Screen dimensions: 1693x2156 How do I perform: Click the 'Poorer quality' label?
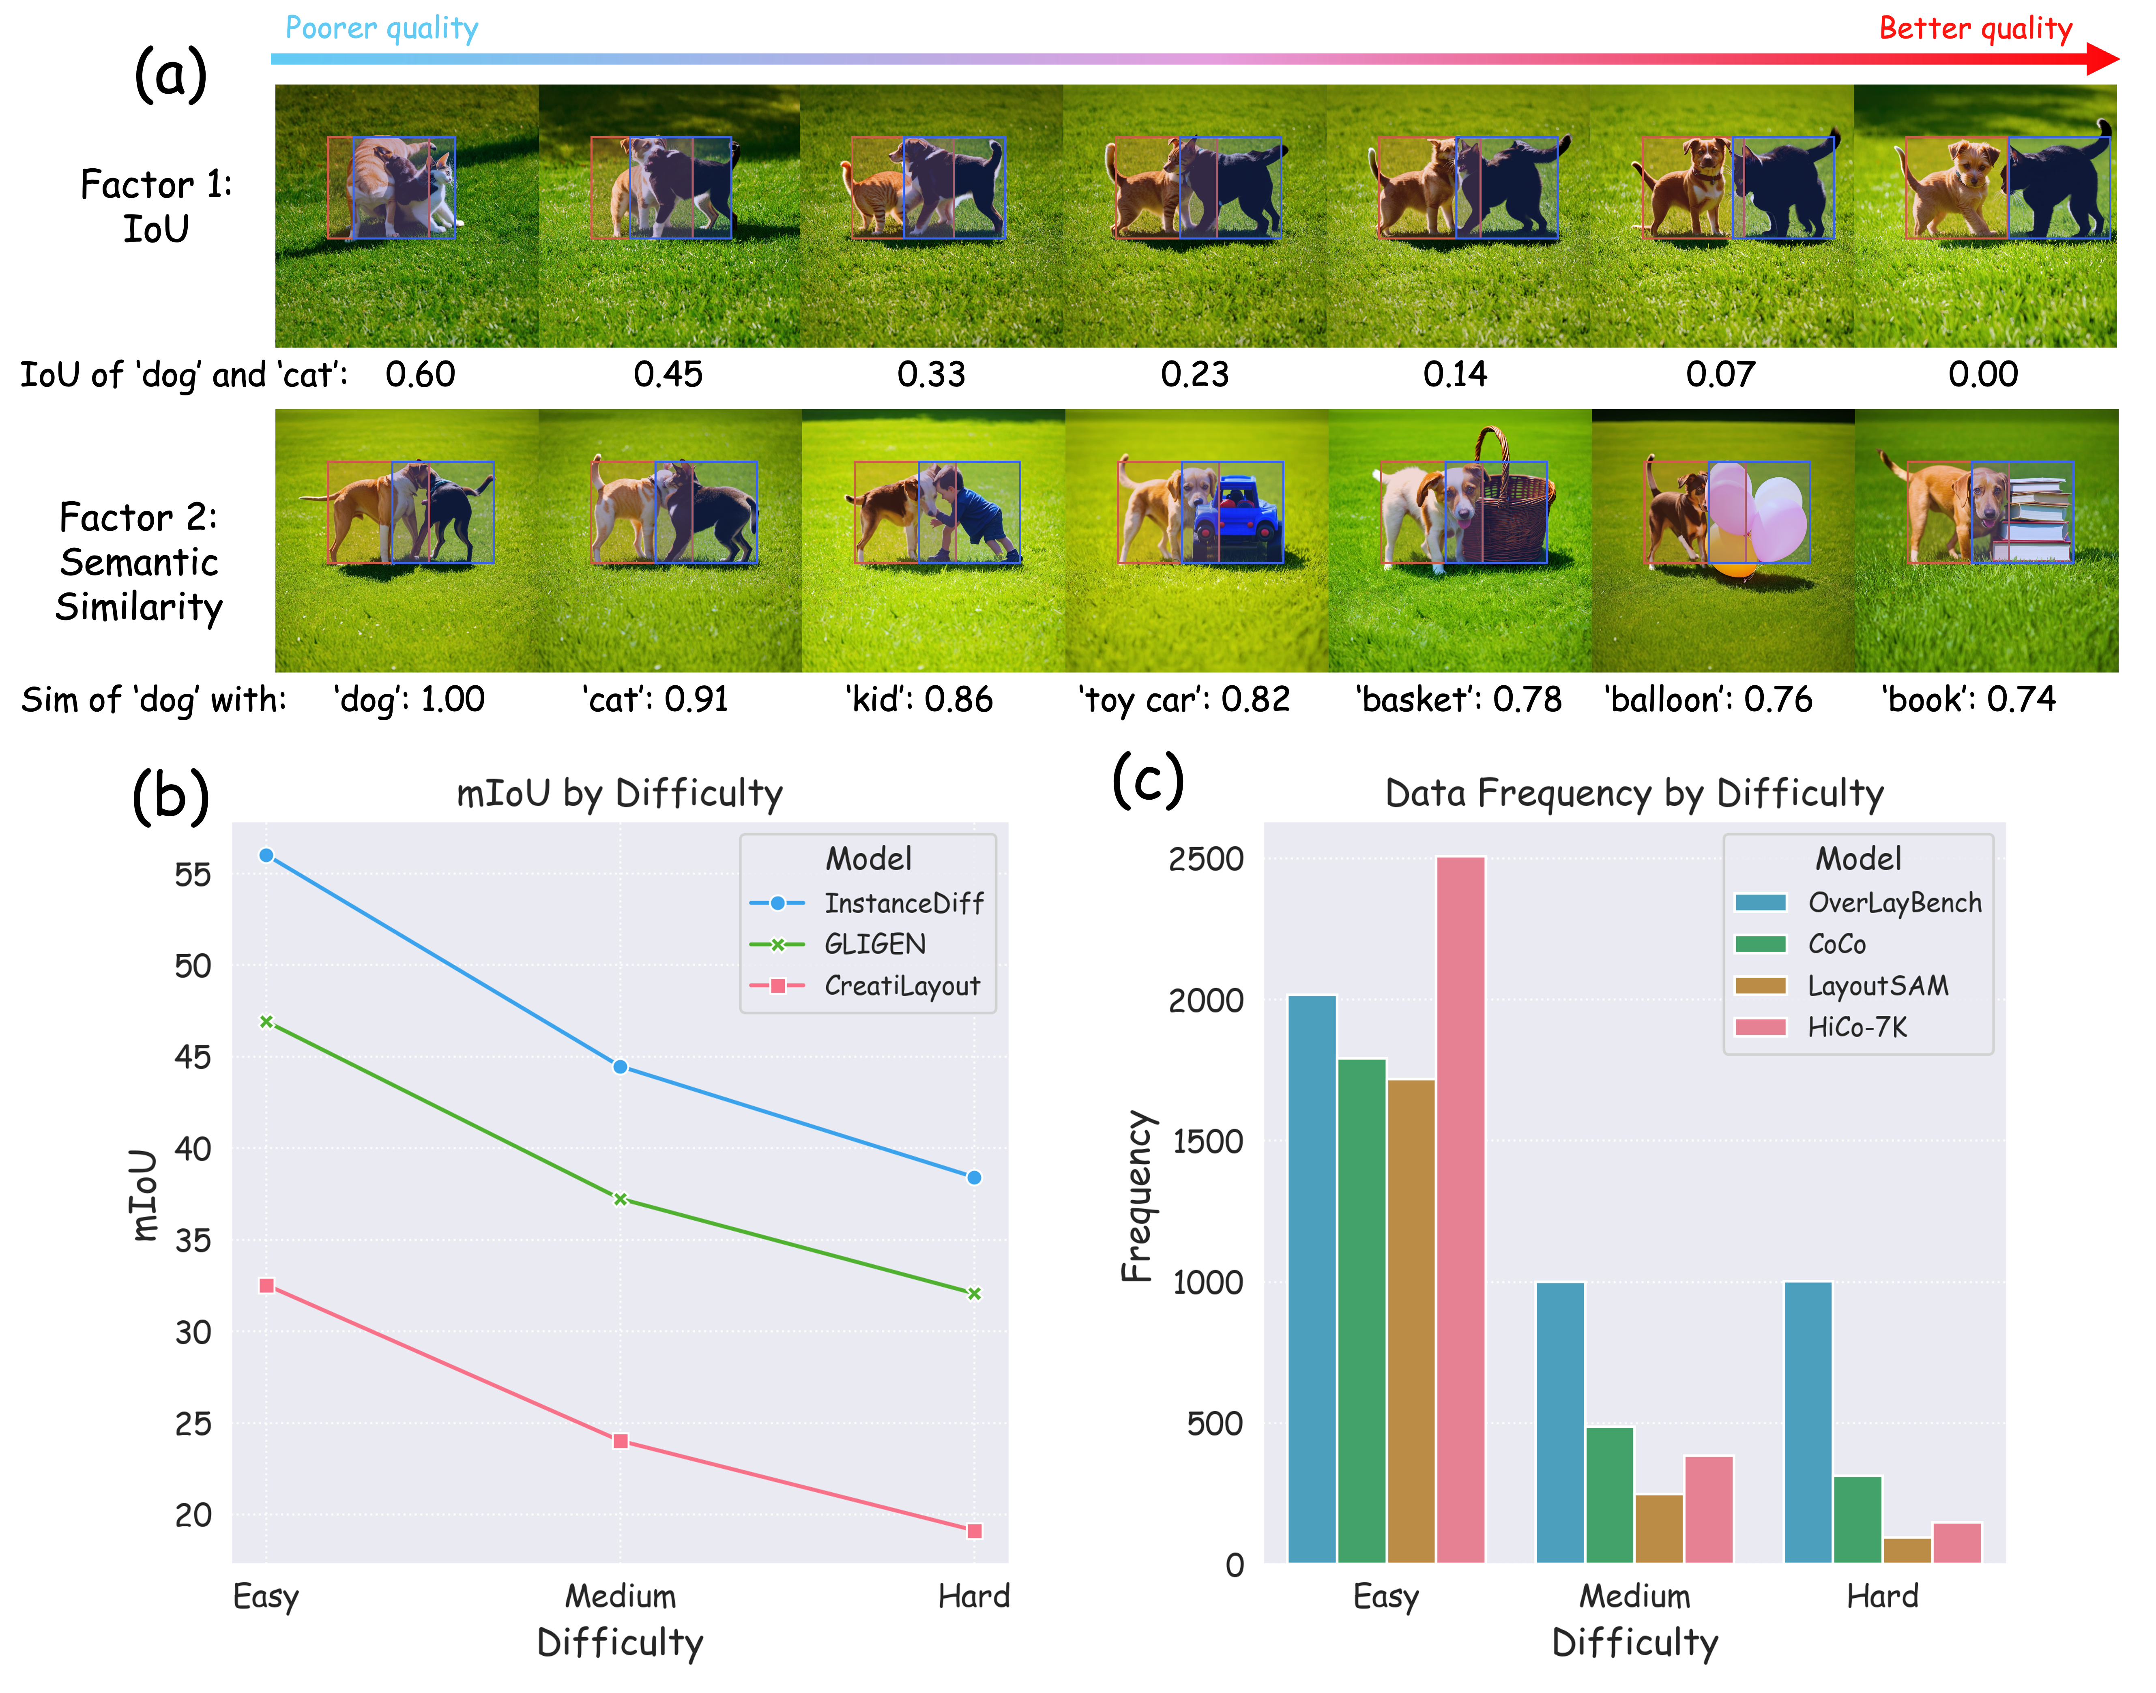click(x=382, y=28)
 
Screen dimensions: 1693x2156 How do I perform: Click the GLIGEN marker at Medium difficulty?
click(x=621, y=1199)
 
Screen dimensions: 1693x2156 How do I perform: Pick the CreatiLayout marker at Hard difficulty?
click(x=975, y=1532)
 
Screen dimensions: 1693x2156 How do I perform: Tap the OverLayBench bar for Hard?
click(x=1808, y=1423)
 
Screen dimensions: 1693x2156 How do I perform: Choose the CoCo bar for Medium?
click(x=1610, y=1495)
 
